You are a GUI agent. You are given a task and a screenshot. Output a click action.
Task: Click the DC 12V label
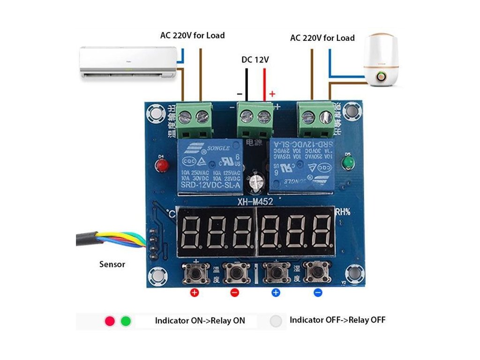(x=255, y=60)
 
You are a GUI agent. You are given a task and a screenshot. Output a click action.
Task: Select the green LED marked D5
(x=348, y=162)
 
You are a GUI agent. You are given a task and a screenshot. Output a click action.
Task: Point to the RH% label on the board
(x=343, y=211)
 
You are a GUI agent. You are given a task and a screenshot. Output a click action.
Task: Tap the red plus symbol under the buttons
(x=194, y=293)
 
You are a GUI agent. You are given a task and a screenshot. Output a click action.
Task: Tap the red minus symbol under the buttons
(x=235, y=293)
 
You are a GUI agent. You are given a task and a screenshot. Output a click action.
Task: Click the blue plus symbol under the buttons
(x=276, y=293)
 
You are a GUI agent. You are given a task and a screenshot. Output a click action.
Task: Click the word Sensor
(x=112, y=264)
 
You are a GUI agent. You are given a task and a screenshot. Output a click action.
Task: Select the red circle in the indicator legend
(x=110, y=321)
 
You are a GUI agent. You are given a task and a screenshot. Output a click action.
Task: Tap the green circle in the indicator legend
(x=126, y=321)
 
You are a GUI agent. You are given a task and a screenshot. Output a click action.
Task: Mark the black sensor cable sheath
(x=87, y=239)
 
